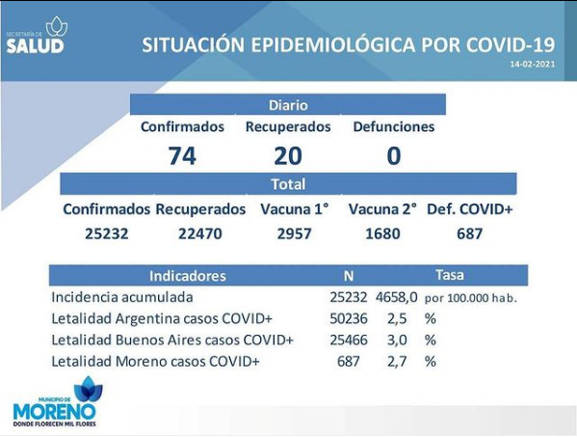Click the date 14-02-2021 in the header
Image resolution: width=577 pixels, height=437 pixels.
(x=532, y=64)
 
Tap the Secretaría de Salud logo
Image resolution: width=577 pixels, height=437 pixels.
(x=37, y=36)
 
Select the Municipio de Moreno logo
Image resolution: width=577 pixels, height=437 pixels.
(x=55, y=401)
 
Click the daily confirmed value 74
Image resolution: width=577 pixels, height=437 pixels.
(x=182, y=156)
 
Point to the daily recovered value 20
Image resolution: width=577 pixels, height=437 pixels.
(x=288, y=156)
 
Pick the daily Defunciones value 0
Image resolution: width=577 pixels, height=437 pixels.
(x=394, y=156)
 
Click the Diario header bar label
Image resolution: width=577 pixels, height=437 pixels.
(x=288, y=105)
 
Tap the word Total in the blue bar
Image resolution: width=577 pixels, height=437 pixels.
(x=288, y=184)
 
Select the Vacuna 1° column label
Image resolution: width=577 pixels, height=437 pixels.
(x=295, y=209)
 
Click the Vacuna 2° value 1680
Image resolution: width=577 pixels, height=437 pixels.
(x=382, y=233)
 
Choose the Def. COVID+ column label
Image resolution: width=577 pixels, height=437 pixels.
(x=469, y=209)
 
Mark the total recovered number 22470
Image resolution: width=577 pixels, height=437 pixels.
(x=200, y=233)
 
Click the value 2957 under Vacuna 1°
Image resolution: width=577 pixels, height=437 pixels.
(x=295, y=233)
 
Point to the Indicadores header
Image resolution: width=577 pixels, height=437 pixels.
(x=188, y=276)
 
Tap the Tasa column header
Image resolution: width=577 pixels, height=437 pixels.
(x=450, y=275)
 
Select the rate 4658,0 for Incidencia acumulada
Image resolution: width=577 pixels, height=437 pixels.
(x=397, y=297)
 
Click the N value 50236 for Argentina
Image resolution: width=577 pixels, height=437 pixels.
(x=349, y=318)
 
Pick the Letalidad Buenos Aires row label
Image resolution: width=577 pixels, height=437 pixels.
(x=172, y=340)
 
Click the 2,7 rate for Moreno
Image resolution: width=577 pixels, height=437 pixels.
(x=397, y=361)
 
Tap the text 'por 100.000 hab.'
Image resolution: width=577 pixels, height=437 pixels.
(x=471, y=298)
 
